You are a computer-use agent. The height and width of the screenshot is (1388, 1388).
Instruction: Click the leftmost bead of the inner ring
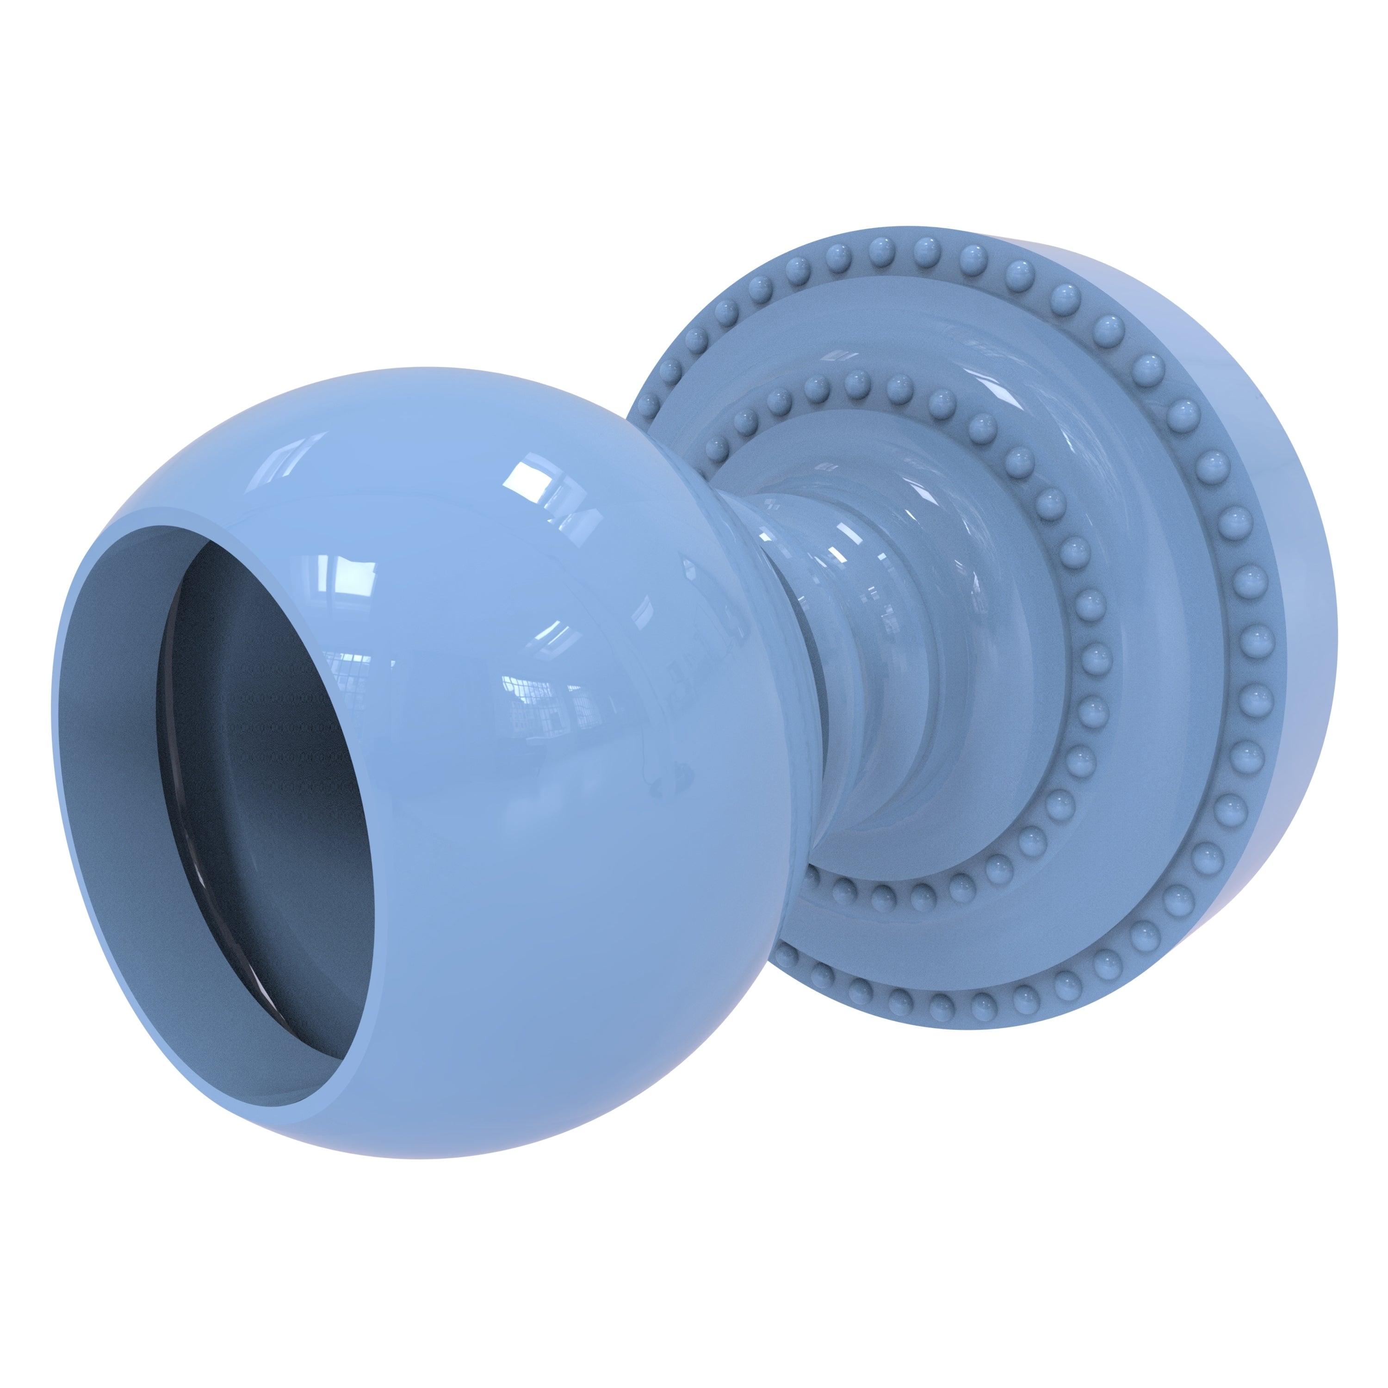tap(716, 449)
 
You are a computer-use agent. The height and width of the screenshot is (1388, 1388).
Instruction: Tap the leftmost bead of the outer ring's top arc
tap(647, 404)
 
